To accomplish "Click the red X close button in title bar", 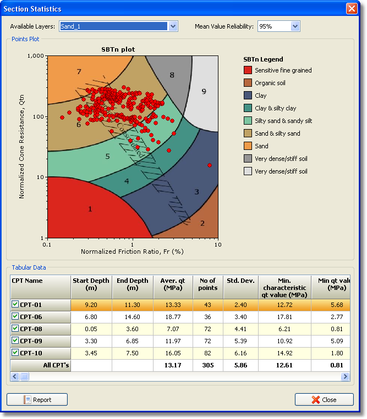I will point(352,9).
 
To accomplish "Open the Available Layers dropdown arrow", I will point(173,26).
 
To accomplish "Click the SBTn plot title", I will point(118,49).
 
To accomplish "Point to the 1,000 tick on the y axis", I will point(35,56).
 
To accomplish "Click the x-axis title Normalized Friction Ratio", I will point(132,252).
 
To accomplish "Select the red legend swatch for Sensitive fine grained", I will point(248,70).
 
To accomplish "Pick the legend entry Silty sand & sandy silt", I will point(283,121).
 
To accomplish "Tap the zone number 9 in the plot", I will point(204,91).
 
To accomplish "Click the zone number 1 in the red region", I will point(90,209).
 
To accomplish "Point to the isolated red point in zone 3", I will point(209,165).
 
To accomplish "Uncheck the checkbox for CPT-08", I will point(15,329).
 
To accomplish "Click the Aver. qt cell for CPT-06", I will point(173,317).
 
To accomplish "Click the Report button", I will point(37,400).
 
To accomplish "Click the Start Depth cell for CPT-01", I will point(91,305).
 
